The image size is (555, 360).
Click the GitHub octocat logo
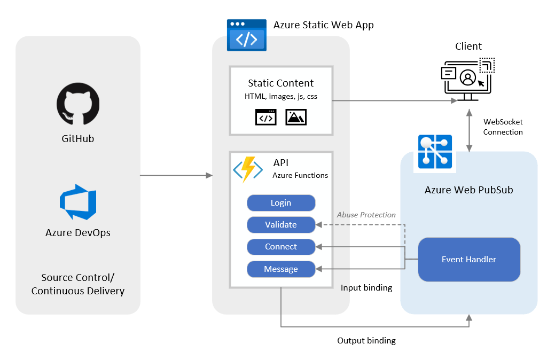[78, 104]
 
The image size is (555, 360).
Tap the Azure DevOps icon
[78, 202]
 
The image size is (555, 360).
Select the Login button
[281, 203]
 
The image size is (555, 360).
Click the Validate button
[281, 225]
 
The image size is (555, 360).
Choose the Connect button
[281, 247]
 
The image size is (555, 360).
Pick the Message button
[281, 269]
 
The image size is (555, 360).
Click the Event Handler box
[469, 260]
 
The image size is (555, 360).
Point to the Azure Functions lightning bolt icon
[248, 169]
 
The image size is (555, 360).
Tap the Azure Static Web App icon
[247, 35]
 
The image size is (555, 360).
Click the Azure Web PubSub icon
[435, 152]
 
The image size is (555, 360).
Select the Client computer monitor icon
[467, 79]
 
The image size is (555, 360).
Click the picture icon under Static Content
[296, 117]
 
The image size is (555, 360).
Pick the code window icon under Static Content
[266, 117]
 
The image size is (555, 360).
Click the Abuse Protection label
[366, 215]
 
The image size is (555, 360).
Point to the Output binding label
[366, 341]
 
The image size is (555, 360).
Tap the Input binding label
[366, 288]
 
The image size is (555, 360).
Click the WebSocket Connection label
[503, 127]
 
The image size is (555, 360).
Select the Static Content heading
[280, 83]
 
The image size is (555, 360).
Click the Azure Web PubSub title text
[468, 190]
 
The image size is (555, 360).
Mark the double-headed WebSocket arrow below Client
[470, 131]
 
